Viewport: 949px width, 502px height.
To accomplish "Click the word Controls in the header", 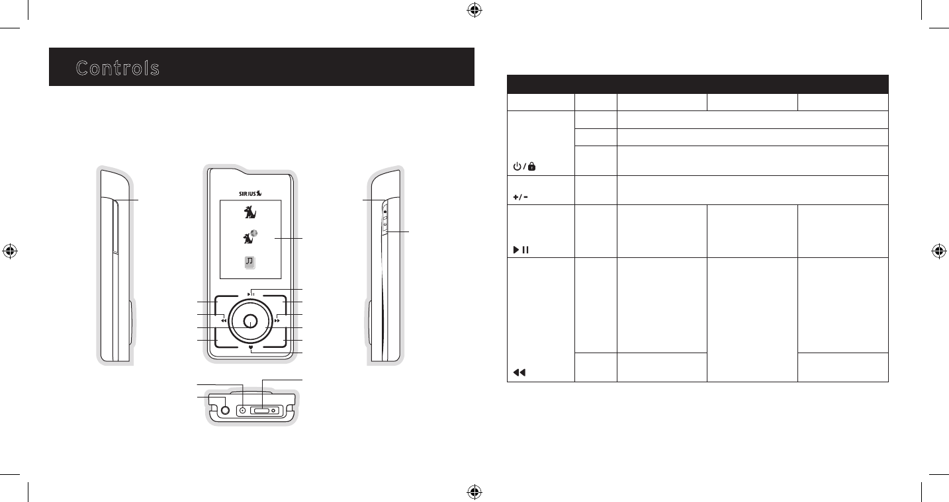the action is pyautogui.click(x=118, y=68).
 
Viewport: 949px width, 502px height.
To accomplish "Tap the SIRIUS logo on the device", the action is pyautogui.click(x=250, y=193).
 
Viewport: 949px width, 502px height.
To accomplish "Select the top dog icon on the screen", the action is pyautogui.click(x=250, y=212).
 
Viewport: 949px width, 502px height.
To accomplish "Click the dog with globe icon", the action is pyautogui.click(x=250, y=237).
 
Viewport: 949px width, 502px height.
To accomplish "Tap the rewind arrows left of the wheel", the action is pyautogui.click(x=224, y=321).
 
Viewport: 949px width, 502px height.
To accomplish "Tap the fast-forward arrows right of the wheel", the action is pyautogui.click(x=277, y=321).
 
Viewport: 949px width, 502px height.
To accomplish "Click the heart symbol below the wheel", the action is pyautogui.click(x=251, y=347).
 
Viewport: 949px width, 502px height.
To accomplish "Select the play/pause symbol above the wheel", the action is pyautogui.click(x=251, y=294).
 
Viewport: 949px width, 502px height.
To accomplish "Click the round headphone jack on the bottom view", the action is pyautogui.click(x=226, y=410).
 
